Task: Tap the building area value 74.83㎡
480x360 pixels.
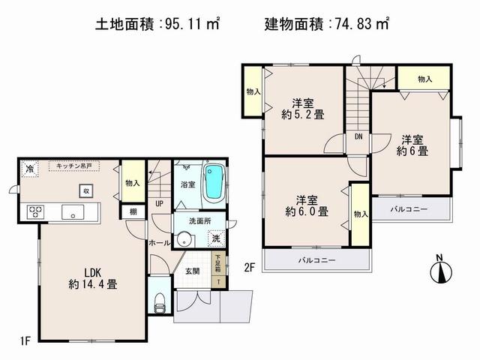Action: tap(362, 25)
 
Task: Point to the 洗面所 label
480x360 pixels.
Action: tap(200, 222)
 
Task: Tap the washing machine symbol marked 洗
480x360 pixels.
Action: tap(216, 238)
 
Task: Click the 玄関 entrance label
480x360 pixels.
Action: tap(192, 271)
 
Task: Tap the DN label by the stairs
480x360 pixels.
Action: tap(358, 136)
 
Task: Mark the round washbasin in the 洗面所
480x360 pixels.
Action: tap(184, 241)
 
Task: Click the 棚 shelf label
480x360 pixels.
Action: tap(132, 212)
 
